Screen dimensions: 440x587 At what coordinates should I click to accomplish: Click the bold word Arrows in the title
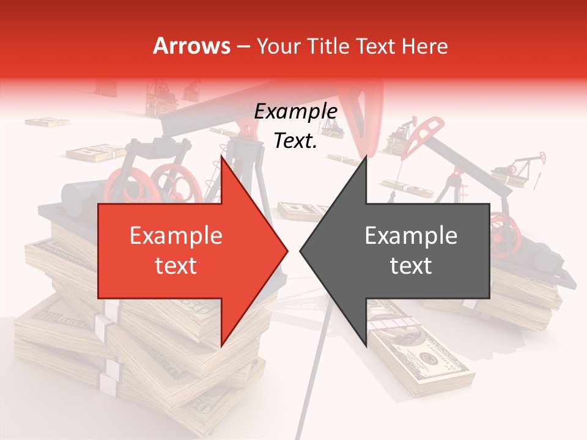pyautogui.click(x=192, y=46)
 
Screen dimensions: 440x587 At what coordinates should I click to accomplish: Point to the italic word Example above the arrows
pyautogui.click(x=295, y=112)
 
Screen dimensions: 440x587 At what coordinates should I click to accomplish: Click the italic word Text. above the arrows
pyautogui.click(x=295, y=141)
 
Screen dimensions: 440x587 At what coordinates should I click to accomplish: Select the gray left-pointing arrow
pyautogui.click(x=404, y=251)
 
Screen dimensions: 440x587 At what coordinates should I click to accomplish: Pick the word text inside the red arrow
pyautogui.click(x=175, y=266)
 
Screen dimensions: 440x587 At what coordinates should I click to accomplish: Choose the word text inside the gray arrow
pyautogui.click(x=411, y=266)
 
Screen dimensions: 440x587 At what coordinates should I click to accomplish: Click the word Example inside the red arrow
pyautogui.click(x=175, y=236)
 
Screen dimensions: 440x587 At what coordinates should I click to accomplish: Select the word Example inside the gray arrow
pyautogui.click(x=411, y=236)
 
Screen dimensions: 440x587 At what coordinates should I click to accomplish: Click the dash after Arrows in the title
pyautogui.click(x=243, y=46)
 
